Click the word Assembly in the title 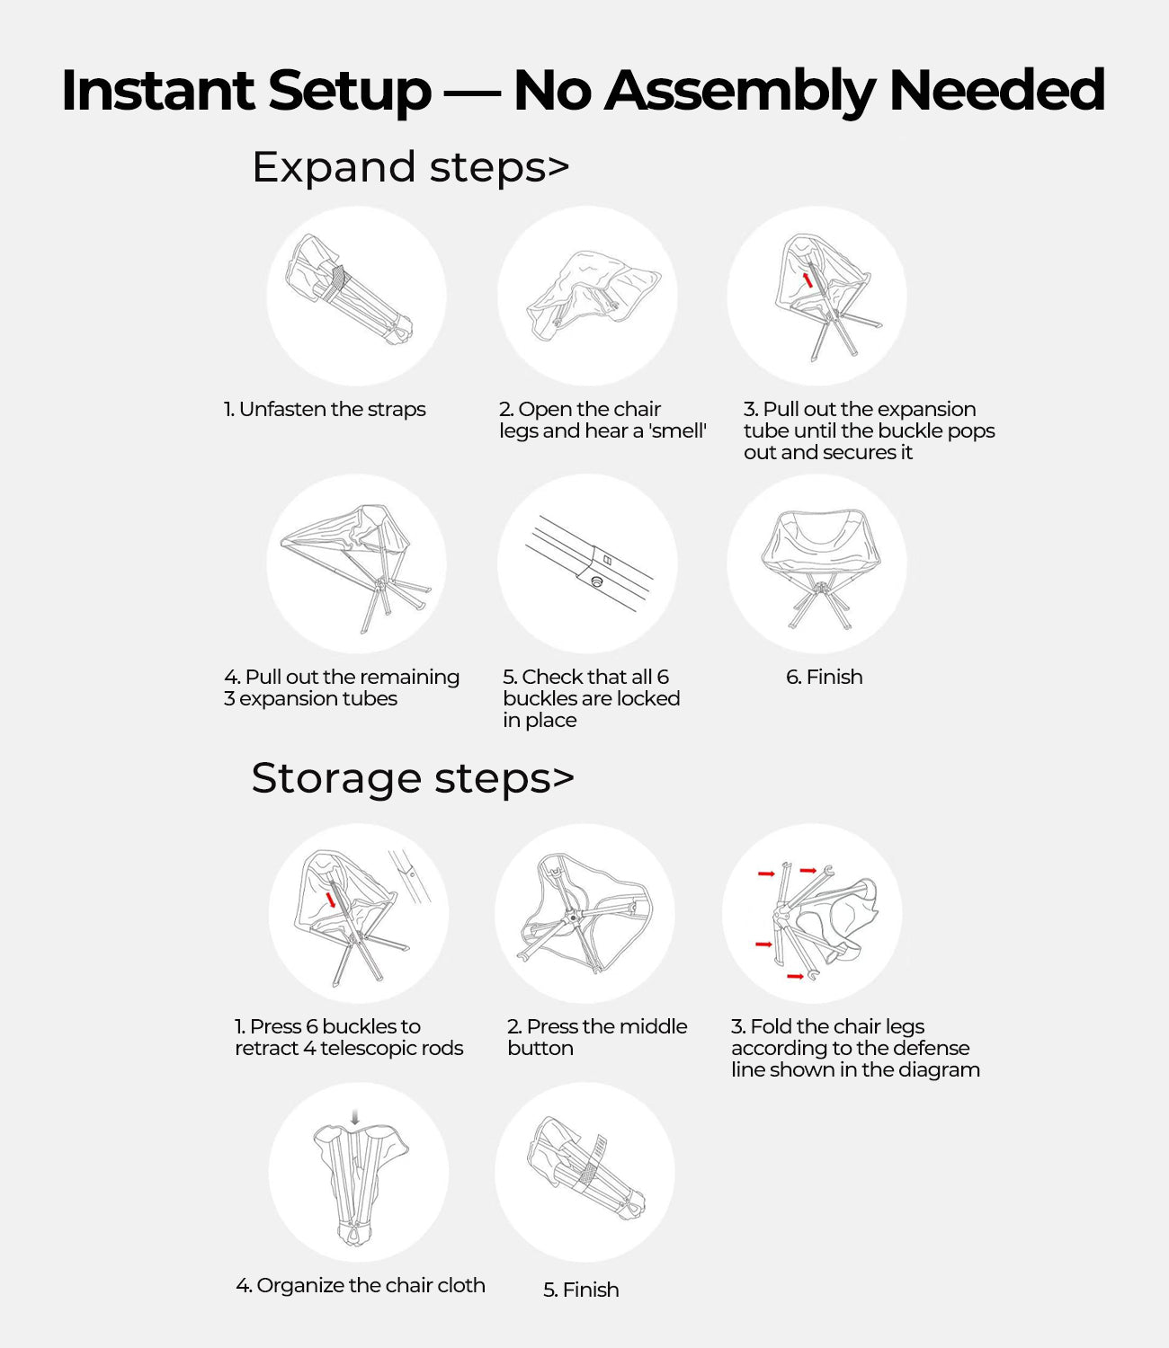740,92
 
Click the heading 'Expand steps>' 411,167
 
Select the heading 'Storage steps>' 413,778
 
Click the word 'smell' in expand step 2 679,430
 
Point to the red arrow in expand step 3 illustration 808,279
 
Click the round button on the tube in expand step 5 596,581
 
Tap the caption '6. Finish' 824,677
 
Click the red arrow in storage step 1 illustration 332,900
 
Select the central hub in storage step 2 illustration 573,918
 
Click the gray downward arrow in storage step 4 355,1117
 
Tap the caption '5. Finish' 581,1290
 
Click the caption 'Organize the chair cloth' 370,1285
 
